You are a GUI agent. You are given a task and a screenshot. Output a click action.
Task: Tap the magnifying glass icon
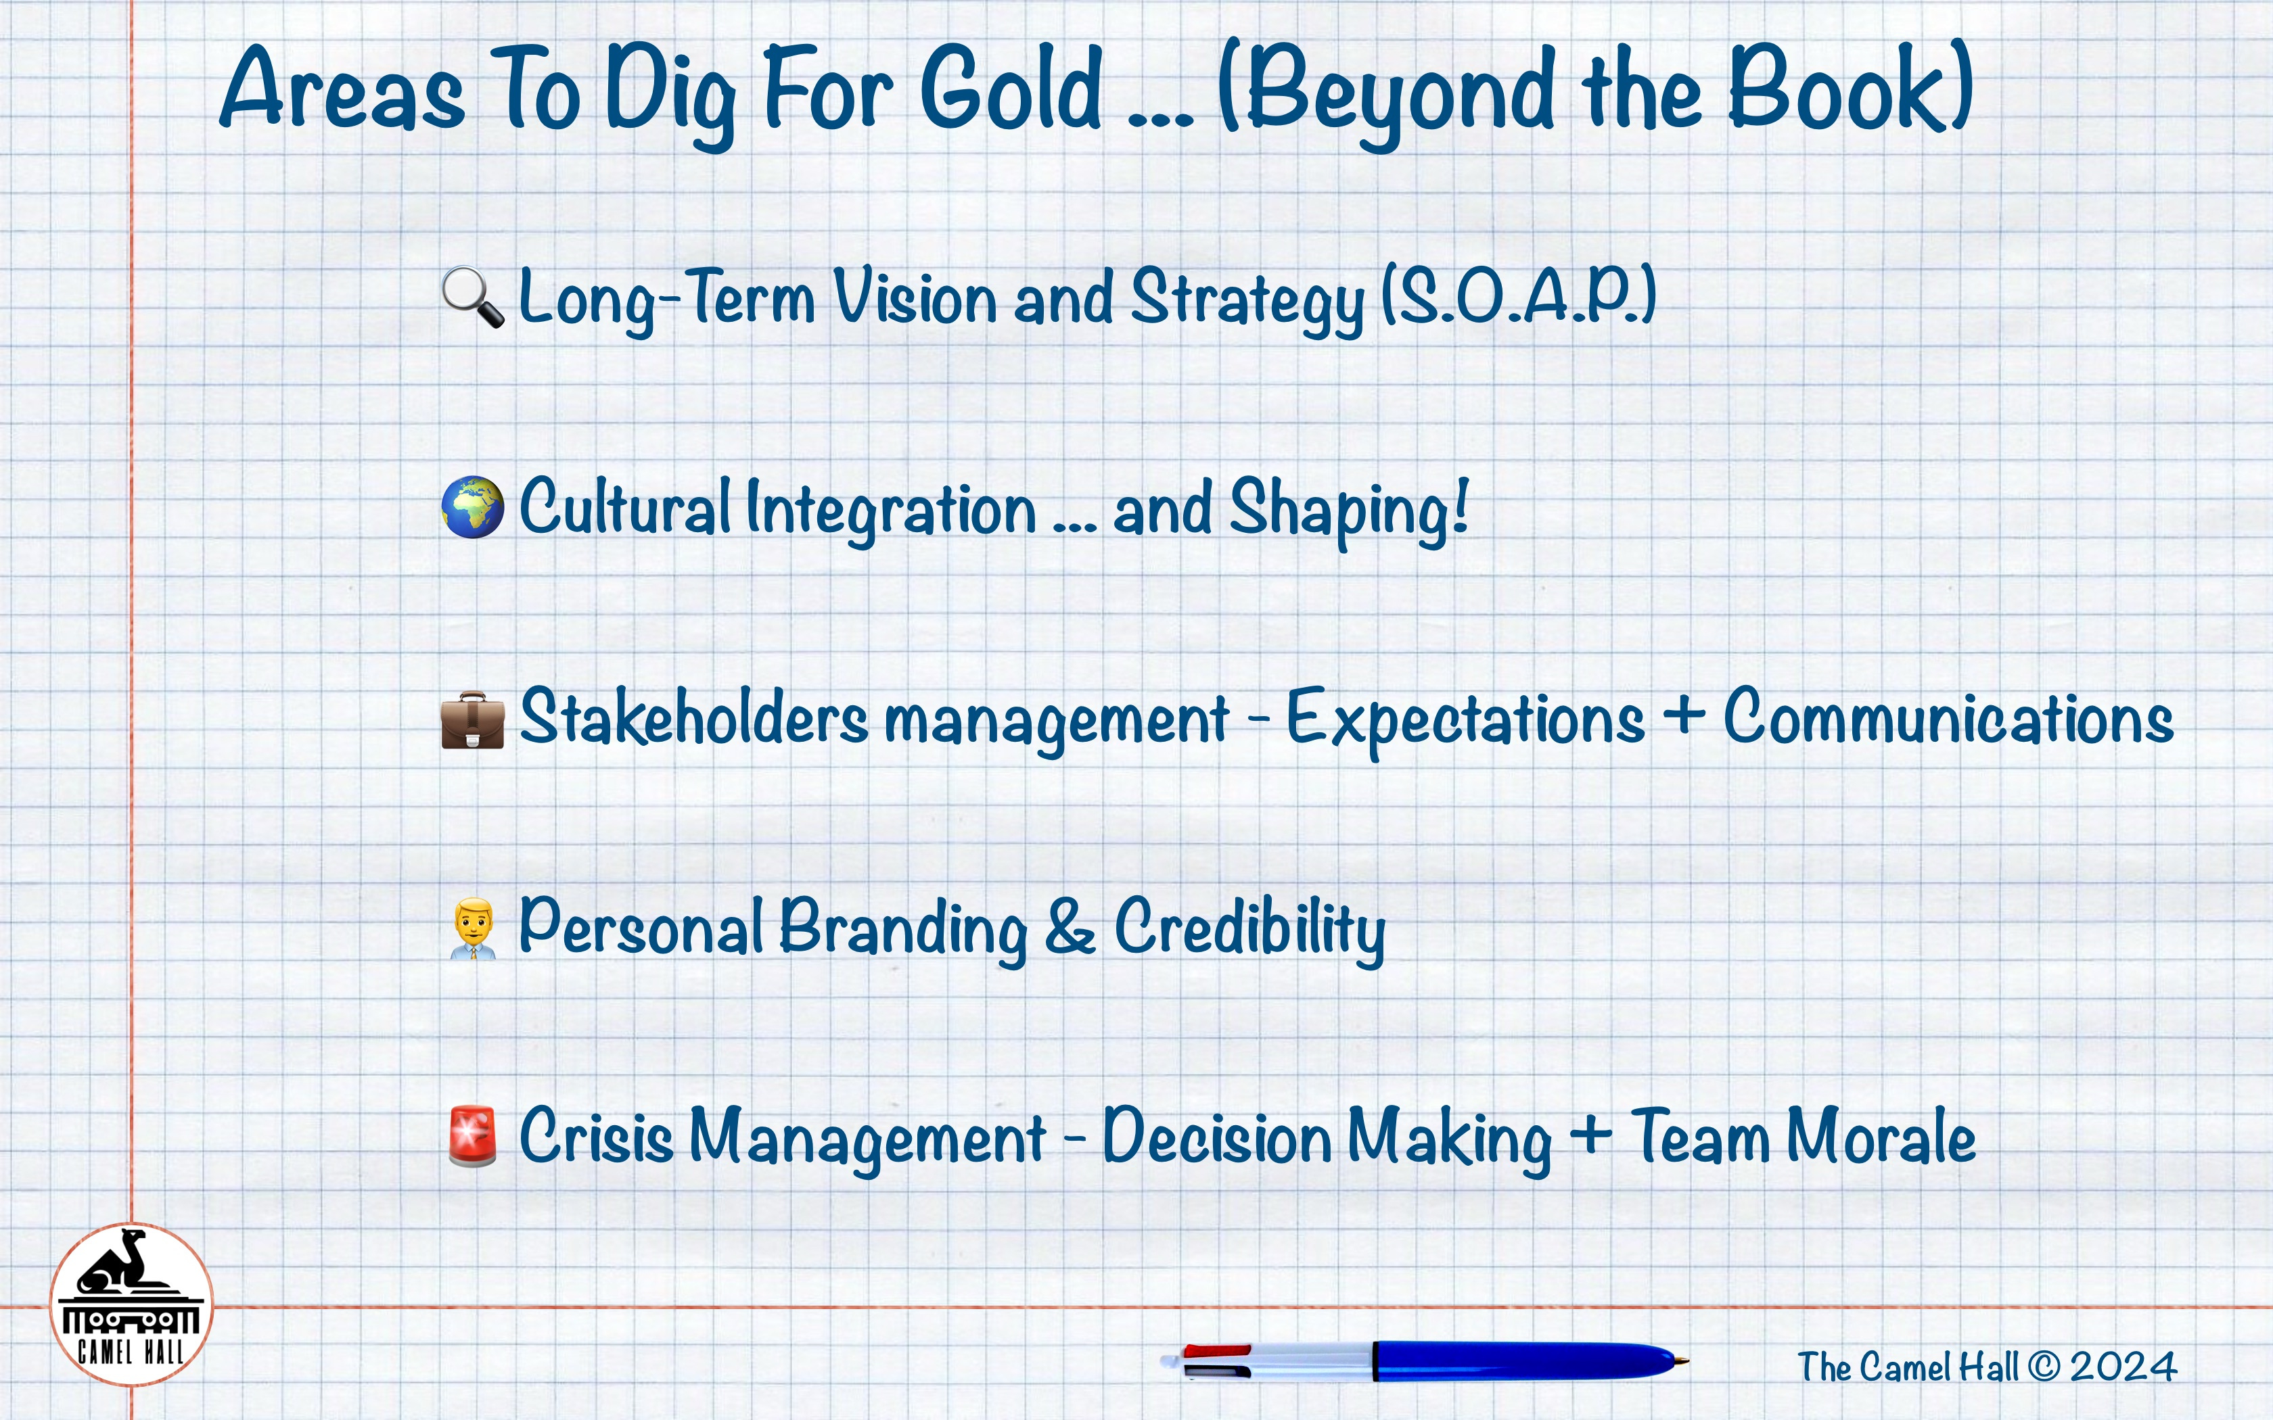[472, 298]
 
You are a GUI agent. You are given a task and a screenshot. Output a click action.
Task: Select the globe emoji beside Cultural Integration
[472, 507]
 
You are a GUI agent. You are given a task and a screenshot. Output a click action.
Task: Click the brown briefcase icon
[472, 720]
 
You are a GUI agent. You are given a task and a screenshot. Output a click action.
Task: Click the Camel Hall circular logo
[131, 1304]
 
